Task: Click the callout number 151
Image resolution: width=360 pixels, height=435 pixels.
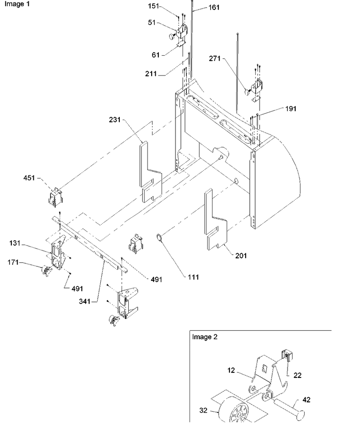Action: click(153, 6)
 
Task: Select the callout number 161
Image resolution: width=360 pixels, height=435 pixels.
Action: click(214, 8)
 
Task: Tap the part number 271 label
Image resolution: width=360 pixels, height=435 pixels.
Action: click(215, 58)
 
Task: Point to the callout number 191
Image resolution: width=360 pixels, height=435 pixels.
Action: click(291, 109)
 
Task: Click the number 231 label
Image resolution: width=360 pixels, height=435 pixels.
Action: click(115, 120)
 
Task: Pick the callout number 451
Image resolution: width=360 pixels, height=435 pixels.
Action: click(29, 178)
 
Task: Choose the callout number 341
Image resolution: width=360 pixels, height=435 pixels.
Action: click(85, 301)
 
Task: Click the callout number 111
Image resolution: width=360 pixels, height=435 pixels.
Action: click(193, 277)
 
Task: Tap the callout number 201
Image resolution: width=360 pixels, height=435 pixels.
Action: click(241, 256)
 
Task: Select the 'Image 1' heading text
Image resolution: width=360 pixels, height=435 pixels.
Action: click(17, 4)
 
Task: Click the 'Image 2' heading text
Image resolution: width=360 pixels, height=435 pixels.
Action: click(205, 337)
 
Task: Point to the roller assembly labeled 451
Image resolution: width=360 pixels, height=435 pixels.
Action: click(55, 197)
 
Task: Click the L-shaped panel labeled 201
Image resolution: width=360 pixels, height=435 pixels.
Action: click(216, 220)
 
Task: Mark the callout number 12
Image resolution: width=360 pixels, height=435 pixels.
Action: click(231, 370)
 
